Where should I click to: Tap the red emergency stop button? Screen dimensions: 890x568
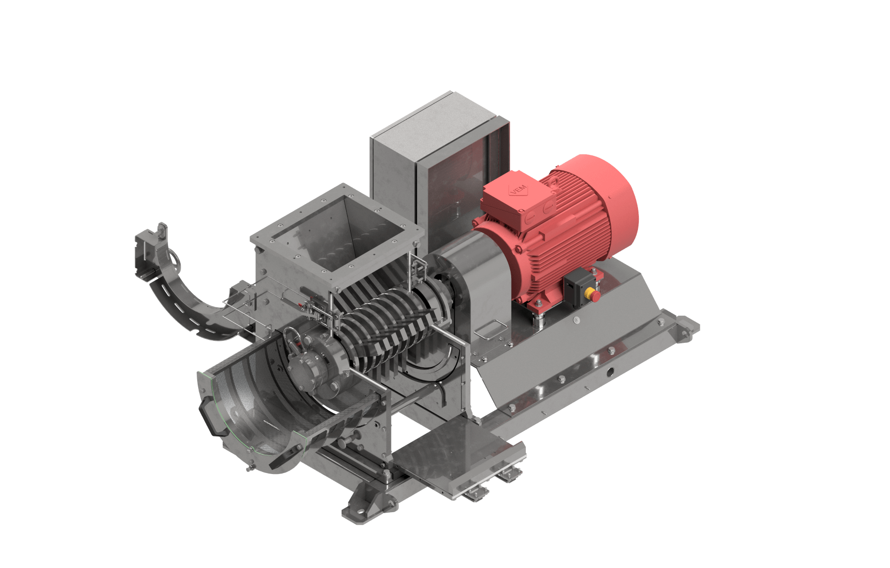tap(594, 295)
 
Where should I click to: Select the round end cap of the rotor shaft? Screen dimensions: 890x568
tap(306, 369)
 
